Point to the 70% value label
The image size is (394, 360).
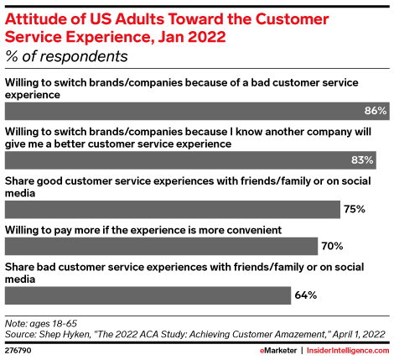(332, 246)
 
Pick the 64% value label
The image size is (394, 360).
(305, 295)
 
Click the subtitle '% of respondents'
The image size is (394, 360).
(66, 57)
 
